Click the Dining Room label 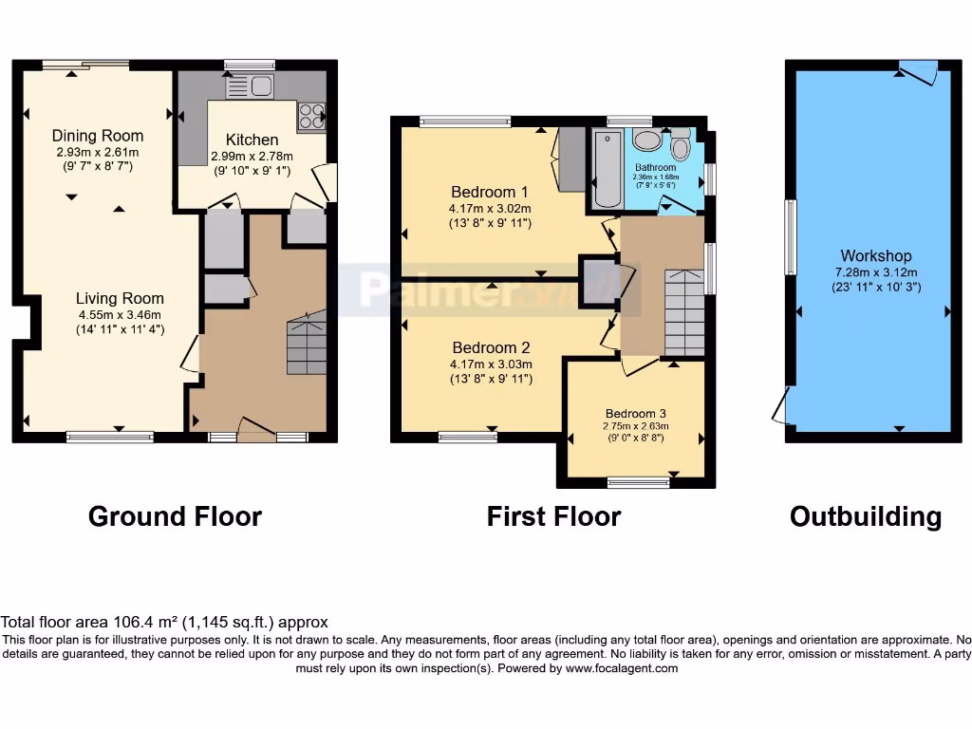(98, 136)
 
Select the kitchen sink (250, 88)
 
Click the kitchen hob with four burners (311, 116)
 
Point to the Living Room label (120, 298)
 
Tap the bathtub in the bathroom (606, 169)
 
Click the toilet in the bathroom (681, 147)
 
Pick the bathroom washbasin (648, 140)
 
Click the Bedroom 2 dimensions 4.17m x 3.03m (491, 364)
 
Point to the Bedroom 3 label (636, 413)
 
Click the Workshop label (875, 256)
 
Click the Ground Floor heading (175, 516)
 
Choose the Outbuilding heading (866, 516)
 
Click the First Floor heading (553, 516)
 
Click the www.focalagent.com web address (622, 668)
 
